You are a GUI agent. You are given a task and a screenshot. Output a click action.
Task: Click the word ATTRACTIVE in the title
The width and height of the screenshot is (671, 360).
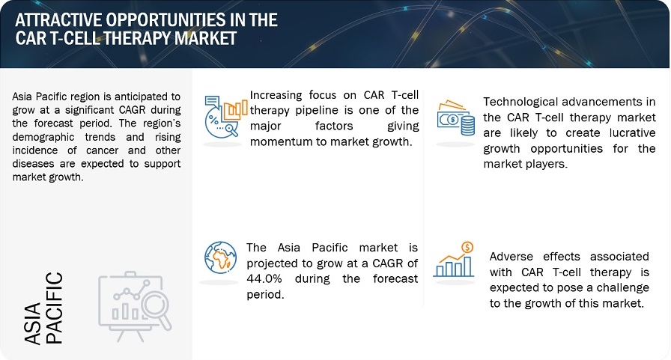(52, 19)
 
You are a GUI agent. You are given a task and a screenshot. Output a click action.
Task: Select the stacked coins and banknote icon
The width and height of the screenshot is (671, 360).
(455, 118)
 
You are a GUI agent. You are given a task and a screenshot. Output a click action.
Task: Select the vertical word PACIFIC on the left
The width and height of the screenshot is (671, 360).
(55, 308)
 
